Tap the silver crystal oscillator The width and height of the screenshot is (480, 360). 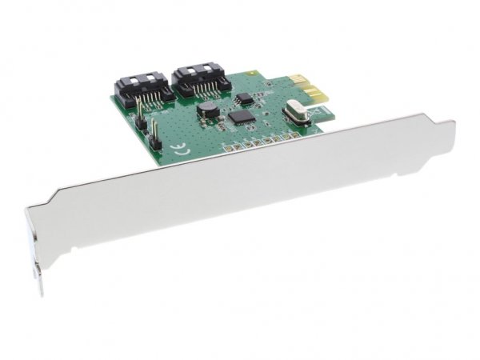pos(294,115)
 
